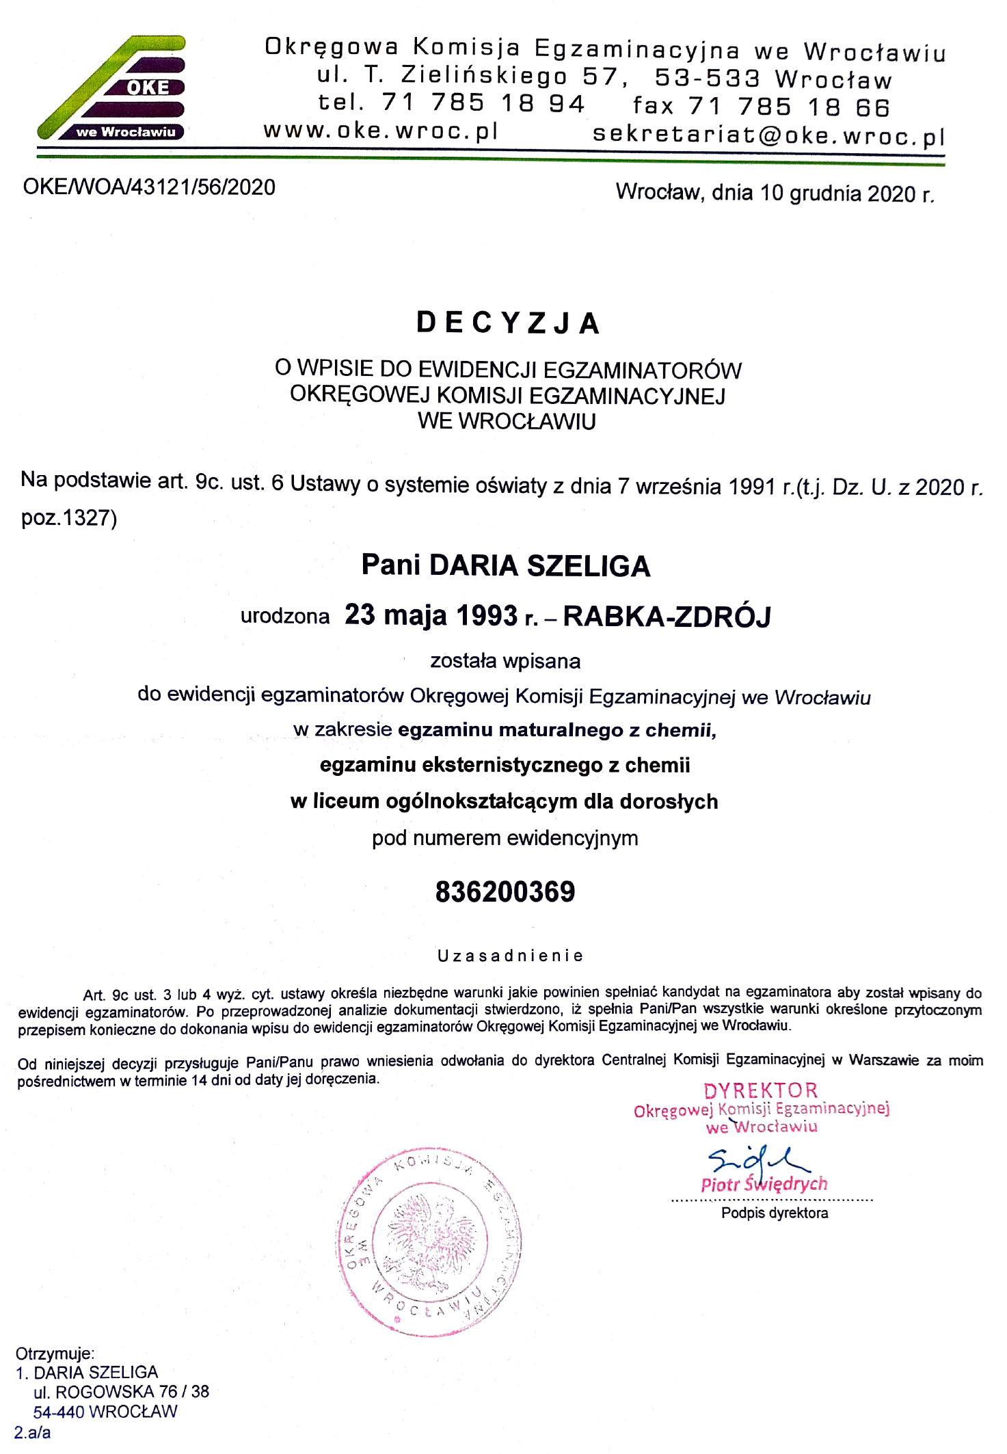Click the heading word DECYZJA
tap(508, 323)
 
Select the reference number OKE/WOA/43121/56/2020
tap(149, 187)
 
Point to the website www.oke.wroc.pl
tap(381, 130)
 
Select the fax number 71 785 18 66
tap(788, 107)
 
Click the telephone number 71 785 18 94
tap(483, 103)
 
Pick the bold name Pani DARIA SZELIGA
tap(505, 565)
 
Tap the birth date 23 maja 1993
tap(431, 615)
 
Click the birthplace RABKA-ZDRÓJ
tap(667, 617)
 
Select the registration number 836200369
tap(505, 892)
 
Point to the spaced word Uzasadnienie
tap(510, 956)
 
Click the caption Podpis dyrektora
tap(774, 1213)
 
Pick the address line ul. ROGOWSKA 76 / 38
tap(121, 1392)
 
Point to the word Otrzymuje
tap(55, 1353)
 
